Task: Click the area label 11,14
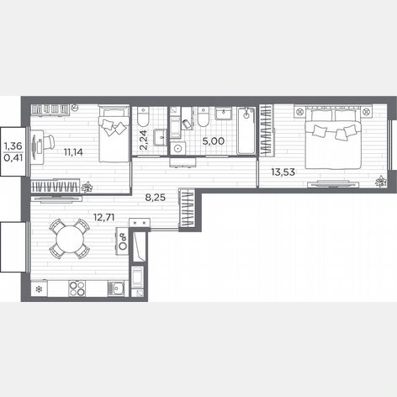coord(73,152)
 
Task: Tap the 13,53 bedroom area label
coord(283,172)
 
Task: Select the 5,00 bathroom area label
coord(214,141)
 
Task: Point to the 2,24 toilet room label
coord(143,140)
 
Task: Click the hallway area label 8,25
coord(156,198)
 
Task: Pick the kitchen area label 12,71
coord(104,217)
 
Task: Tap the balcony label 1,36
coord(13,146)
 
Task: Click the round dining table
coord(70,239)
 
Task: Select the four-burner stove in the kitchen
coord(77,288)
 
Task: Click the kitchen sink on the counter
coord(116,288)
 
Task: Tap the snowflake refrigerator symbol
coord(39,288)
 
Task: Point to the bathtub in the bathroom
coord(246,130)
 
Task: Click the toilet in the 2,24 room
coord(143,116)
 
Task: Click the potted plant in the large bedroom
coord(381,181)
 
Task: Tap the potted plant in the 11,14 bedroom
coord(87,188)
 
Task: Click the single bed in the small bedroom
coord(114,134)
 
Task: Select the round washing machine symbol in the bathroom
coord(177,148)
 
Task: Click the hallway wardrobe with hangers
coord(187,208)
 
